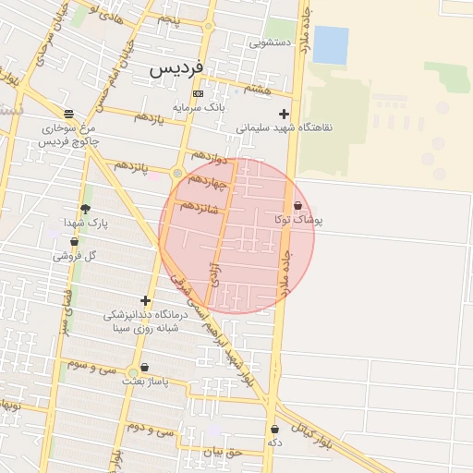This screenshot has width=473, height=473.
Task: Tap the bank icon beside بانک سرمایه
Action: click(x=198, y=93)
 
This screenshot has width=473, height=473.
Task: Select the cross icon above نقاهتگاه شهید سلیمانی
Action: click(x=284, y=114)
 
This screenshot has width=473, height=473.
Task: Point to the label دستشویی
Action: click(x=270, y=42)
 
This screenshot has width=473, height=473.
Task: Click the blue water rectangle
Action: click(x=331, y=44)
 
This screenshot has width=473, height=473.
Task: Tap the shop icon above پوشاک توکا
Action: click(x=297, y=205)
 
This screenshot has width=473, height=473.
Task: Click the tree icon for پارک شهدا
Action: click(x=86, y=210)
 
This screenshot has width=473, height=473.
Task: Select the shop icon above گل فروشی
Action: click(x=74, y=242)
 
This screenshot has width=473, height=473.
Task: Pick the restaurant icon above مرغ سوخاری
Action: click(x=68, y=113)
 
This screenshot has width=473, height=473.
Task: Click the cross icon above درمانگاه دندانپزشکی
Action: click(x=145, y=300)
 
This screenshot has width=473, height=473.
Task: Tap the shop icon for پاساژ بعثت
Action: click(x=144, y=367)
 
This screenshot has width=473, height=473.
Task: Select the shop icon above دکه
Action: click(x=274, y=429)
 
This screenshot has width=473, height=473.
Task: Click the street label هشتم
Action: click(x=258, y=88)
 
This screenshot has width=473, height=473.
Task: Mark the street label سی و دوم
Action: click(x=152, y=429)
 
